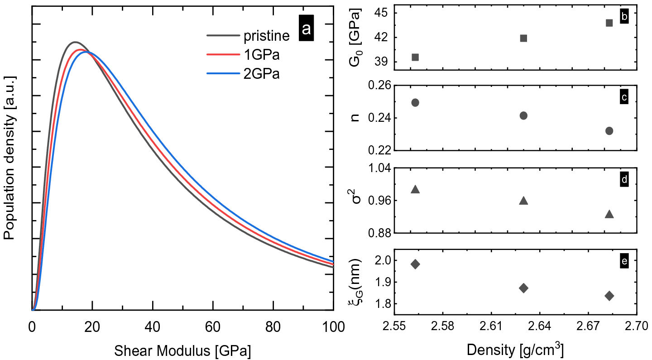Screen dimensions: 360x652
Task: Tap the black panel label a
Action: point(307,29)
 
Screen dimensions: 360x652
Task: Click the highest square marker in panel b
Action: point(609,23)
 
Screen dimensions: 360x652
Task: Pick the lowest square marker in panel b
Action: point(415,57)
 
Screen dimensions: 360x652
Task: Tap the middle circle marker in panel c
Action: point(523,115)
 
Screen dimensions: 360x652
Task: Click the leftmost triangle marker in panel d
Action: point(415,189)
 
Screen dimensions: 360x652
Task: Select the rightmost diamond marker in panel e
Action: point(609,296)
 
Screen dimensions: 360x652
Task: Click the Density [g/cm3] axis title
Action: point(515,350)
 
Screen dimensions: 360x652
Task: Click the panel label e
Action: point(624,262)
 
